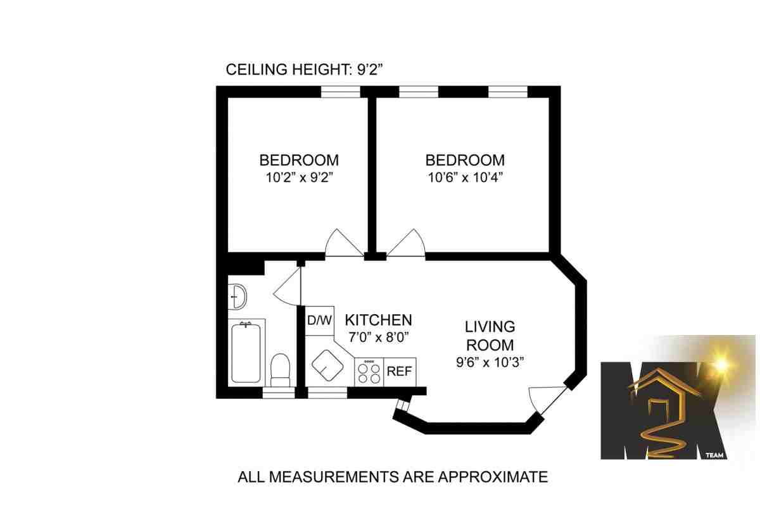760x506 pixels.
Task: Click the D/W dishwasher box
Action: click(x=320, y=320)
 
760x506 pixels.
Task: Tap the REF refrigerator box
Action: click(x=400, y=372)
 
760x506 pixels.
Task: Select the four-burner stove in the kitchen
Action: click(x=369, y=372)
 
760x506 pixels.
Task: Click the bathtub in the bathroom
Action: click(x=245, y=352)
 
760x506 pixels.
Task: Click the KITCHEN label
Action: click(x=377, y=320)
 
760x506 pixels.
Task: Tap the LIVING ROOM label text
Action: click(x=490, y=336)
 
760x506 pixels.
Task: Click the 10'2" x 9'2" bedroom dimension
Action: click(x=299, y=178)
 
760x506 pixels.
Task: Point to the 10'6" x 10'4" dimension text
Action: click(x=465, y=178)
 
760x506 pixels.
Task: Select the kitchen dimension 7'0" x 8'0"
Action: click(x=377, y=337)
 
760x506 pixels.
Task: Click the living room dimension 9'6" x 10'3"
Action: click(x=490, y=363)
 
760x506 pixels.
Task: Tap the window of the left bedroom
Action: click(x=341, y=92)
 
